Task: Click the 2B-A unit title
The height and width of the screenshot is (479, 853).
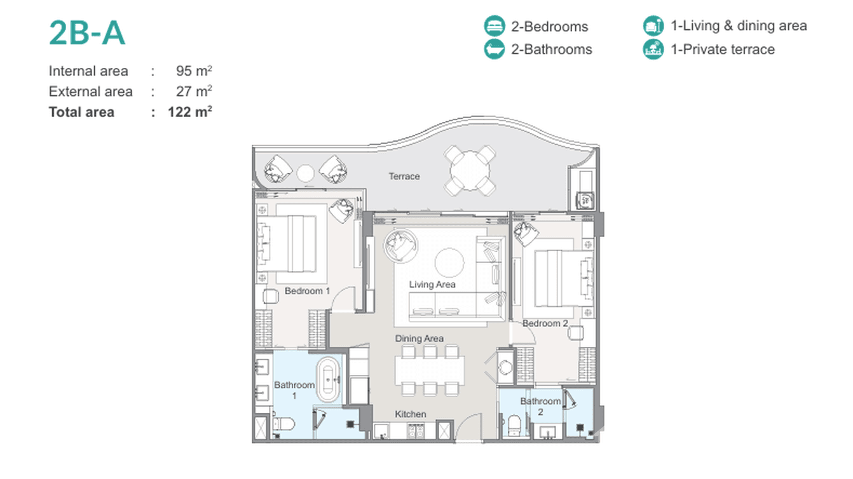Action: (87, 33)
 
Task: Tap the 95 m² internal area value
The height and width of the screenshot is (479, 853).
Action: (194, 71)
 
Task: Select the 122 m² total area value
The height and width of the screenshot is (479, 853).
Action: (189, 112)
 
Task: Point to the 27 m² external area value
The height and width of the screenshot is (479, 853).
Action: (194, 91)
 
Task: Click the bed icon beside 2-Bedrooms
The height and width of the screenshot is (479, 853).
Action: (495, 26)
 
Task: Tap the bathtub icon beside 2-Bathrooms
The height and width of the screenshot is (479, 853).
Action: (495, 49)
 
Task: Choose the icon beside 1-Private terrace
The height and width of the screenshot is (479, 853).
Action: (653, 49)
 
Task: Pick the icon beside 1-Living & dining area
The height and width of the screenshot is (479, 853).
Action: (653, 26)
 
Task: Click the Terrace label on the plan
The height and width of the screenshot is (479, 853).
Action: (404, 176)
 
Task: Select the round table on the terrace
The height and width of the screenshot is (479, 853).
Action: (470, 170)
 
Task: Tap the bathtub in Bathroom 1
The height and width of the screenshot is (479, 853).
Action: (328, 379)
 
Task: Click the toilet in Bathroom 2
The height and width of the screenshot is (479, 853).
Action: (514, 425)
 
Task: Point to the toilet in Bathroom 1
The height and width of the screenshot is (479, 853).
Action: (283, 424)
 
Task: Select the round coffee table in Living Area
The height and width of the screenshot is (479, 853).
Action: (449, 262)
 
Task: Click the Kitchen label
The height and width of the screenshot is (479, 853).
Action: (411, 414)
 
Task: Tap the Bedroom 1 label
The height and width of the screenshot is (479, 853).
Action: (307, 291)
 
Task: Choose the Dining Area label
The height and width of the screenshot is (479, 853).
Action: (420, 338)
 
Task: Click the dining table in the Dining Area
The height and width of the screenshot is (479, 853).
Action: (430, 370)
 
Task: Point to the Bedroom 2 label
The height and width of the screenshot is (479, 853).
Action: (545, 323)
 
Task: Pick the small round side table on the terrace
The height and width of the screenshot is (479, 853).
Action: (305, 173)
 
